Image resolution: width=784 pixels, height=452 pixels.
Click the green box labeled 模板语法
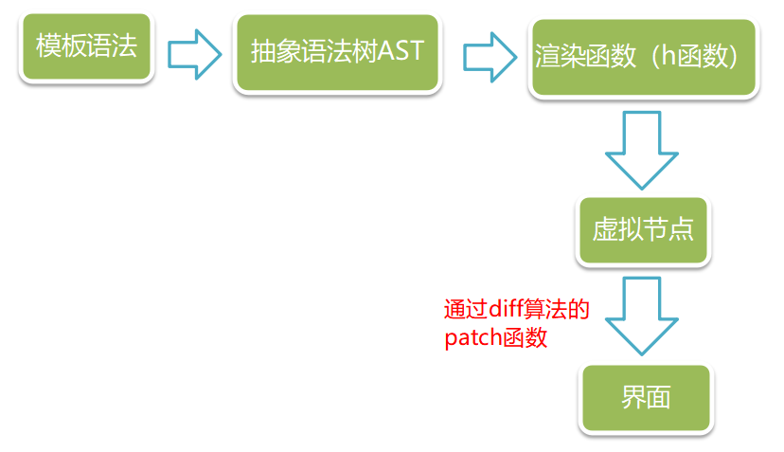86,46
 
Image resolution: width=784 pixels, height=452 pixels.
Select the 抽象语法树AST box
338,51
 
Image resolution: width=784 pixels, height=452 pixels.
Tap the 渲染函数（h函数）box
644,58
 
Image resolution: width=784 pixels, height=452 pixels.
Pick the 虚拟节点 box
643,229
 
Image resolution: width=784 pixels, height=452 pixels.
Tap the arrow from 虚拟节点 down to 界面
644,316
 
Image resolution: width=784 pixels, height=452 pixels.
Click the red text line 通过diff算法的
517,310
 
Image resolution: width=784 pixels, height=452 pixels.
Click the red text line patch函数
495,337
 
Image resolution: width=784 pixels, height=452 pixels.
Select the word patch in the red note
471,338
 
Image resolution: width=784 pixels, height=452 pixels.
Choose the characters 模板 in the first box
60,46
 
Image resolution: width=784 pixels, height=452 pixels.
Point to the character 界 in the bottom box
633,397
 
